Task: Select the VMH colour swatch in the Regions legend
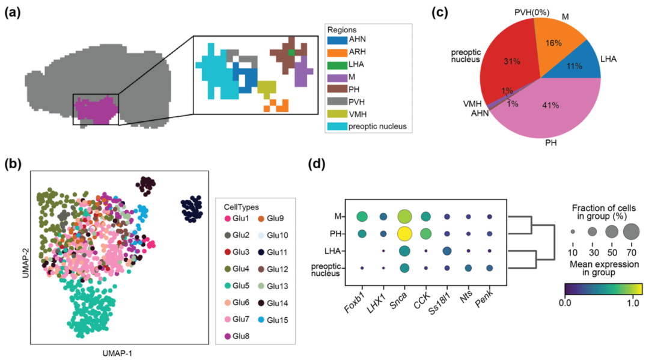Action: point(338,114)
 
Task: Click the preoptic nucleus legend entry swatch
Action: point(338,126)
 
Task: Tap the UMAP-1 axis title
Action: point(117,353)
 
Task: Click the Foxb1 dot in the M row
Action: point(362,216)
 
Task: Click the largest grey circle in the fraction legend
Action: point(632,230)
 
